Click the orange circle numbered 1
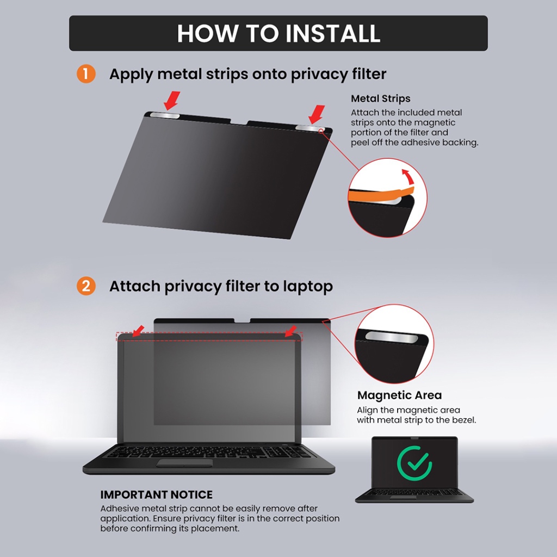[x=86, y=74]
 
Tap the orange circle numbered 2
[x=86, y=286]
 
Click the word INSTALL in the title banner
[x=333, y=33]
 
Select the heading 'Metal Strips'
[x=380, y=98]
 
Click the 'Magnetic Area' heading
[x=399, y=395]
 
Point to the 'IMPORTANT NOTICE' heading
[x=156, y=494]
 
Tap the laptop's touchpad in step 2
[x=185, y=462]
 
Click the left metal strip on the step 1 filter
[x=165, y=116]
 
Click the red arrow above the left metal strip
[x=172, y=101]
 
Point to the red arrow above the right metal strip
[x=317, y=114]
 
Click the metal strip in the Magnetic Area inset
[x=391, y=337]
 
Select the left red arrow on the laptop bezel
[x=138, y=331]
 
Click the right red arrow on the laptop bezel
[x=290, y=331]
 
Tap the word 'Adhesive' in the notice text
[x=118, y=509]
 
